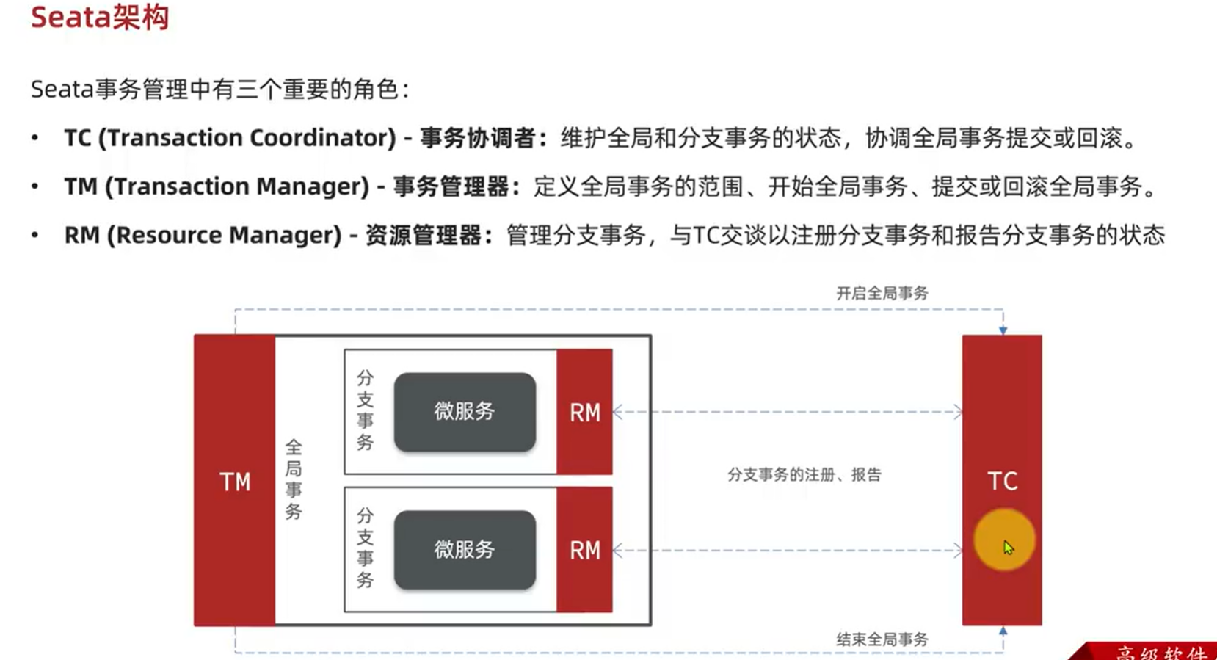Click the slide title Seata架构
[x=100, y=17]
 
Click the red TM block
[x=235, y=481]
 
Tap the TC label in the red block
[x=1002, y=481]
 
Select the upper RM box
[x=584, y=412]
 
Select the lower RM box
[x=584, y=550]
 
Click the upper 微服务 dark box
[x=465, y=412]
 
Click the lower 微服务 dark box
[x=465, y=550]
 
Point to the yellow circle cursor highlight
[x=1004, y=540]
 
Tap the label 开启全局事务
[x=882, y=293]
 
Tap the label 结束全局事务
[x=882, y=639]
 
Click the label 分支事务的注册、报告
[x=804, y=474]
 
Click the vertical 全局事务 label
[x=294, y=479]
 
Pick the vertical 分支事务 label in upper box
[x=365, y=410]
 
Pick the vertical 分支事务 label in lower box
[x=365, y=548]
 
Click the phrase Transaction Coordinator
[x=247, y=138]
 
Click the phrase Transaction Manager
[x=236, y=186]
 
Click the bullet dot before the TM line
[x=34, y=186]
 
